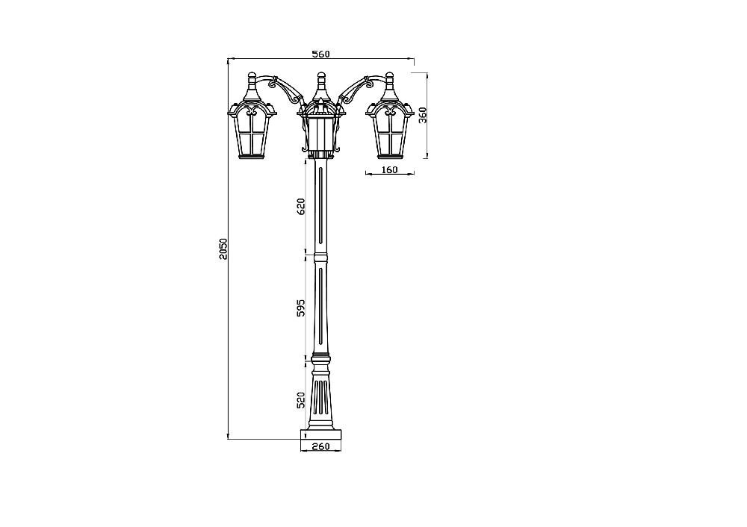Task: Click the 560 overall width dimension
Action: [320, 54]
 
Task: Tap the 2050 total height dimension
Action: [224, 249]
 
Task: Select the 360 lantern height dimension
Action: [423, 115]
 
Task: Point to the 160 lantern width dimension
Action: [389, 169]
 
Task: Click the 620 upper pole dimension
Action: [300, 207]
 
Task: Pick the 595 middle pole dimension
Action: [300, 308]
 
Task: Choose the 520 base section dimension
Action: [300, 400]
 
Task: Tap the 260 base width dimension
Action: [321, 446]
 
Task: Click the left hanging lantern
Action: [252, 116]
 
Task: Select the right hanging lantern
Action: [389, 116]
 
